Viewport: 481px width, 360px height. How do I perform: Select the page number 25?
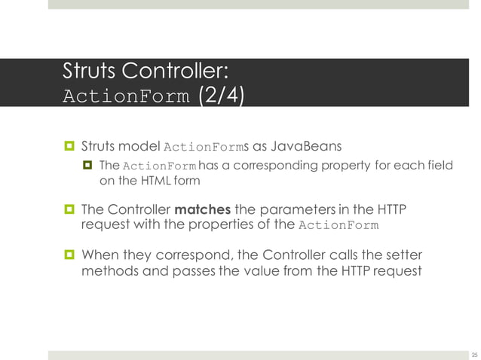tap(474, 354)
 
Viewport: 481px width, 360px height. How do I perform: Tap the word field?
tap(439, 166)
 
